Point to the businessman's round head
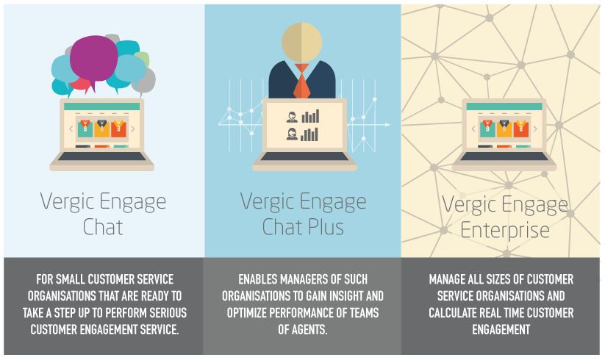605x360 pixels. [301, 42]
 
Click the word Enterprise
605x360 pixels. [505, 231]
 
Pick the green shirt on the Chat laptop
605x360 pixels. [85, 129]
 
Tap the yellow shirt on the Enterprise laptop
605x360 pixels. [505, 129]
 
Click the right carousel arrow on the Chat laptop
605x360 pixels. [133, 129]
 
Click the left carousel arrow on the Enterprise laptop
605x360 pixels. [473, 129]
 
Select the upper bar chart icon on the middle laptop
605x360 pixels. [310, 116]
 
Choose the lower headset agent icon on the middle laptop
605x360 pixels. [292, 134]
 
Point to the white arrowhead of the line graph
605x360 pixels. [387, 125]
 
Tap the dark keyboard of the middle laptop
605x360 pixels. [304, 157]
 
